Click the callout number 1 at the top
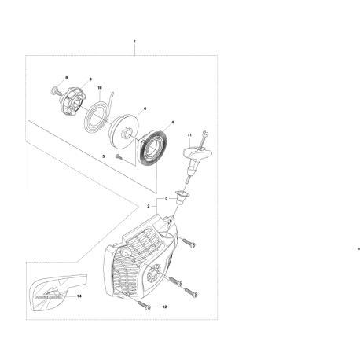click(x=135, y=40)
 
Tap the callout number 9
click(x=67, y=76)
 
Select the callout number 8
click(x=90, y=80)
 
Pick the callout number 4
click(x=172, y=123)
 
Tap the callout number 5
click(x=103, y=157)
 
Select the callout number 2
click(x=148, y=206)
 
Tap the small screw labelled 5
click(x=117, y=157)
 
